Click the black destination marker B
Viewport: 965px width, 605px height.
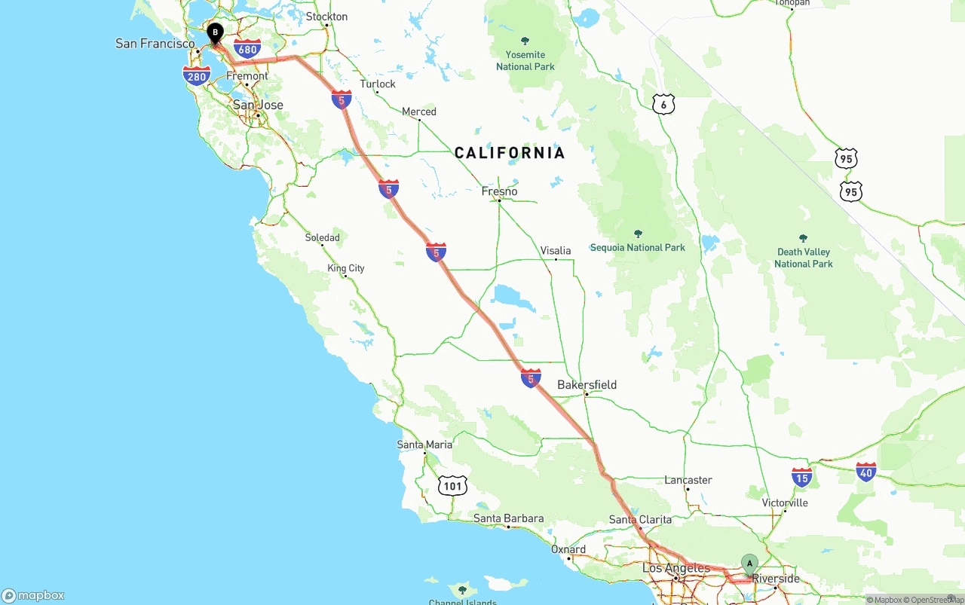tap(216, 33)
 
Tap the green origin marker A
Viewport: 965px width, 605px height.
tap(749, 564)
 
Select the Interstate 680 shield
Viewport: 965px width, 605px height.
tap(247, 50)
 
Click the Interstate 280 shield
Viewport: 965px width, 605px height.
tap(196, 75)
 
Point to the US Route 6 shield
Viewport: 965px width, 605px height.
tap(663, 105)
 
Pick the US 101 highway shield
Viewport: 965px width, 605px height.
tap(452, 486)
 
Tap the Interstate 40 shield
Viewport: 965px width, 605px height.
tap(866, 472)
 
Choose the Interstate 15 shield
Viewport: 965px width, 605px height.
tap(802, 477)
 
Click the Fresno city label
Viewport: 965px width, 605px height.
tap(500, 191)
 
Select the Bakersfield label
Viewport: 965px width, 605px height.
tap(587, 385)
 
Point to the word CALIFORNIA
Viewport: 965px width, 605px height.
tap(510, 154)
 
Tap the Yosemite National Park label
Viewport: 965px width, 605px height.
tap(525, 60)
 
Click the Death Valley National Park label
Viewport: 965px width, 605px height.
tap(804, 258)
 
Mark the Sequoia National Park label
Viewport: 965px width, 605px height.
tap(638, 247)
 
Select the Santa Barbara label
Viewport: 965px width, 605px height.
tap(508, 518)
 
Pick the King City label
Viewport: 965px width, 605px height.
tap(346, 268)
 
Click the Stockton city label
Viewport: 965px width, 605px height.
tap(326, 17)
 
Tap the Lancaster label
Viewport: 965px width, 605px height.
tap(688, 480)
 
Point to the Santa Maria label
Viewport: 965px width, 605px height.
tap(424, 445)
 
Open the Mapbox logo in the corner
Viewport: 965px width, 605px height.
tap(33, 595)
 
